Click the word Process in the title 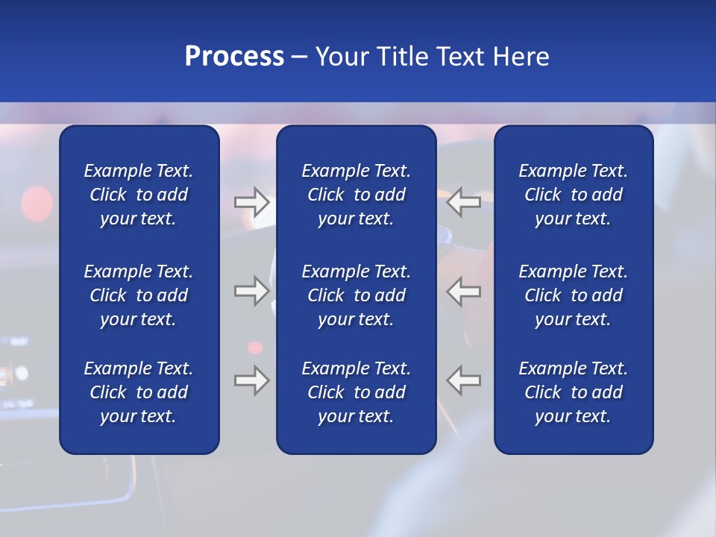coord(234,57)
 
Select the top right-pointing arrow coord(252,202)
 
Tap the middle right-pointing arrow coord(252,290)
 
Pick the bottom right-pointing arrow coord(252,380)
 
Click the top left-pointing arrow coord(463,202)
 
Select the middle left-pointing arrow coord(463,290)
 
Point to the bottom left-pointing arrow coord(463,380)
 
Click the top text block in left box coord(139,195)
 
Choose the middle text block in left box coord(139,295)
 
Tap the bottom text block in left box coord(139,392)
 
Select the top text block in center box coord(356,195)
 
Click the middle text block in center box coord(356,295)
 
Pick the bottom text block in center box coord(356,392)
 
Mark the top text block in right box coord(573,195)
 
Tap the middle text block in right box coord(573,295)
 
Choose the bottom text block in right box coord(573,392)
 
